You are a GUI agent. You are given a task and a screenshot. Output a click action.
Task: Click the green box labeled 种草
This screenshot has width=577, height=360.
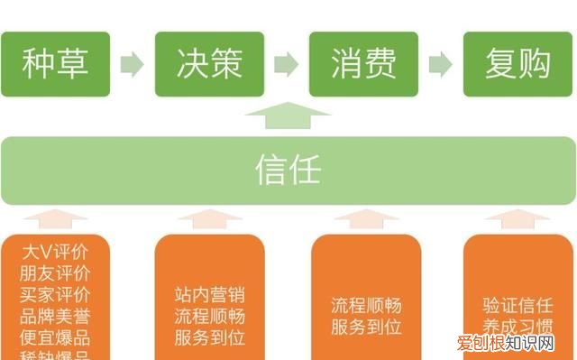click(55, 64)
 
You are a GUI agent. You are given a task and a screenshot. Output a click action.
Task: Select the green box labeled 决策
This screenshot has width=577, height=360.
click(209, 64)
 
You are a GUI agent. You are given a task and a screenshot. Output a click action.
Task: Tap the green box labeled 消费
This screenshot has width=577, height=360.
click(363, 64)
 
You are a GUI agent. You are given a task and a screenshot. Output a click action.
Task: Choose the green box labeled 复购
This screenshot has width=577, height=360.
click(517, 64)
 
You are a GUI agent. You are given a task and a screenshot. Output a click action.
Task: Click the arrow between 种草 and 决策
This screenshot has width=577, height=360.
click(132, 64)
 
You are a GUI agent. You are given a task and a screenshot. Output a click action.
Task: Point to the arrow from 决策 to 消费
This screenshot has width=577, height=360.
click(286, 64)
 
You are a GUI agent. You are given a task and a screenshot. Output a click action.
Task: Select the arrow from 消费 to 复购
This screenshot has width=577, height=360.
click(440, 64)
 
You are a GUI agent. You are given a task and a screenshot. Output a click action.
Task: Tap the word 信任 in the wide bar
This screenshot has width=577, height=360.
click(288, 170)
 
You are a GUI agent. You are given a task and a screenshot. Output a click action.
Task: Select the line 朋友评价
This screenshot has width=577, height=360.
click(55, 273)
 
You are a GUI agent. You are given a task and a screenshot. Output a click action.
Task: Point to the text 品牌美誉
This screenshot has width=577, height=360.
click(55, 318)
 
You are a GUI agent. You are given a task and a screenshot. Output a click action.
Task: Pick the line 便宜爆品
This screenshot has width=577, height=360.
click(55, 339)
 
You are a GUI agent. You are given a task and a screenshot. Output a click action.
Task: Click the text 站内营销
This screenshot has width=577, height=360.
click(209, 295)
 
